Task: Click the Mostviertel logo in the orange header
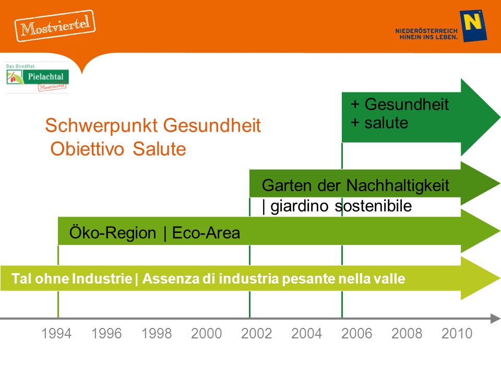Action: click(x=55, y=26)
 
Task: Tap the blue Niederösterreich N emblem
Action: click(x=473, y=26)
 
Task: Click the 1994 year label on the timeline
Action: click(x=56, y=334)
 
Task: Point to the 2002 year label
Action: click(x=256, y=334)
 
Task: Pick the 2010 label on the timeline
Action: click(x=457, y=334)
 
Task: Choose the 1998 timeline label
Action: click(x=157, y=334)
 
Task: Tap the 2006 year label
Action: click(x=356, y=334)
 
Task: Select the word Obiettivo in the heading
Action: click(x=87, y=149)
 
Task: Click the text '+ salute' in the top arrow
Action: click(x=379, y=123)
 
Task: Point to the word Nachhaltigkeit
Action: click(x=398, y=185)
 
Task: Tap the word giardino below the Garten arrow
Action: click(x=300, y=206)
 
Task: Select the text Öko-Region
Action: click(x=113, y=233)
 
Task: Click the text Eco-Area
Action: click(x=206, y=233)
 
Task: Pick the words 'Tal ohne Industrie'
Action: click(x=72, y=278)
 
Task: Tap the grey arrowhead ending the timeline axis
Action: click(x=495, y=319)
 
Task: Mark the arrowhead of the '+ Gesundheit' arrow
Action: click(x=480, y=118)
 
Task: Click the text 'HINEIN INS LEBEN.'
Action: click(x=428, y=37)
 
